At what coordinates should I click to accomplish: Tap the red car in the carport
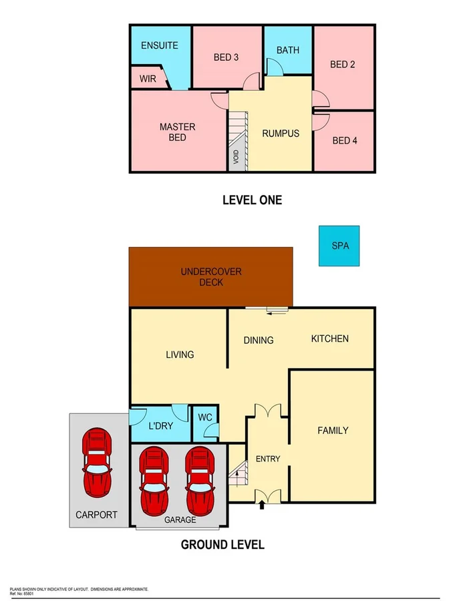point(98,461)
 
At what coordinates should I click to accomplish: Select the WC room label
point(205,417)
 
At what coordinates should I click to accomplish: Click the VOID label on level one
point(236,158)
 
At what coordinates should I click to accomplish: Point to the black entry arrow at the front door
point(261,506)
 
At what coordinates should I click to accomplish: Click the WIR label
point(148,78)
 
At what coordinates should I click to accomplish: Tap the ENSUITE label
point(160,45)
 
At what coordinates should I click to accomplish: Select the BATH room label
point(288,50)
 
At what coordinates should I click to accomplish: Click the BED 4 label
point(345,140)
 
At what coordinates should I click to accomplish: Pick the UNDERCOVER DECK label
point(211,276)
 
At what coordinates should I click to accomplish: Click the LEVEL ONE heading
point(252,200)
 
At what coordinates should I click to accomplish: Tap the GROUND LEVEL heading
point(222,544)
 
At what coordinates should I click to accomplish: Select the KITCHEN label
point(330,339)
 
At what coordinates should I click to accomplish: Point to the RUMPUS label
point(281,133)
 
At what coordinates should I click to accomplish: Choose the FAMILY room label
point(332,430)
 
